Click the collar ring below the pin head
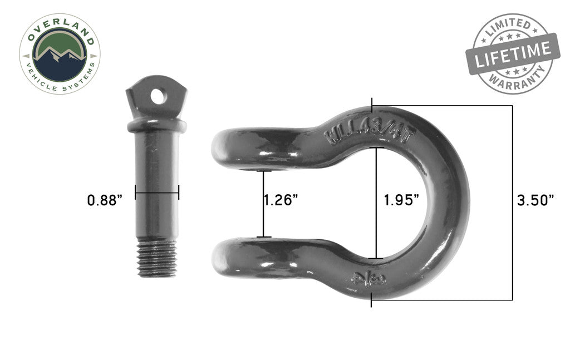(156, 124)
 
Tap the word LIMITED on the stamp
(508, 27)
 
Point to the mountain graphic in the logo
(60, 56)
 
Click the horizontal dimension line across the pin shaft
(157, 193)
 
